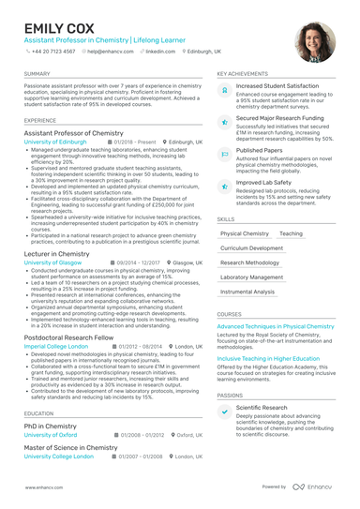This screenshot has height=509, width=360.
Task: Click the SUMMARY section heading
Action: (x=37, y=73)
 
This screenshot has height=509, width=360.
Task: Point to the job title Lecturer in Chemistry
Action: (x=56, y=254)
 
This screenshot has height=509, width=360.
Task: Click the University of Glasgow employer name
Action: (x=52, y=264)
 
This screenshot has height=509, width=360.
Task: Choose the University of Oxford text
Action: (x=51, y=436)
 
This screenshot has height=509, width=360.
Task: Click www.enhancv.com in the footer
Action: (x=43, y=487)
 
